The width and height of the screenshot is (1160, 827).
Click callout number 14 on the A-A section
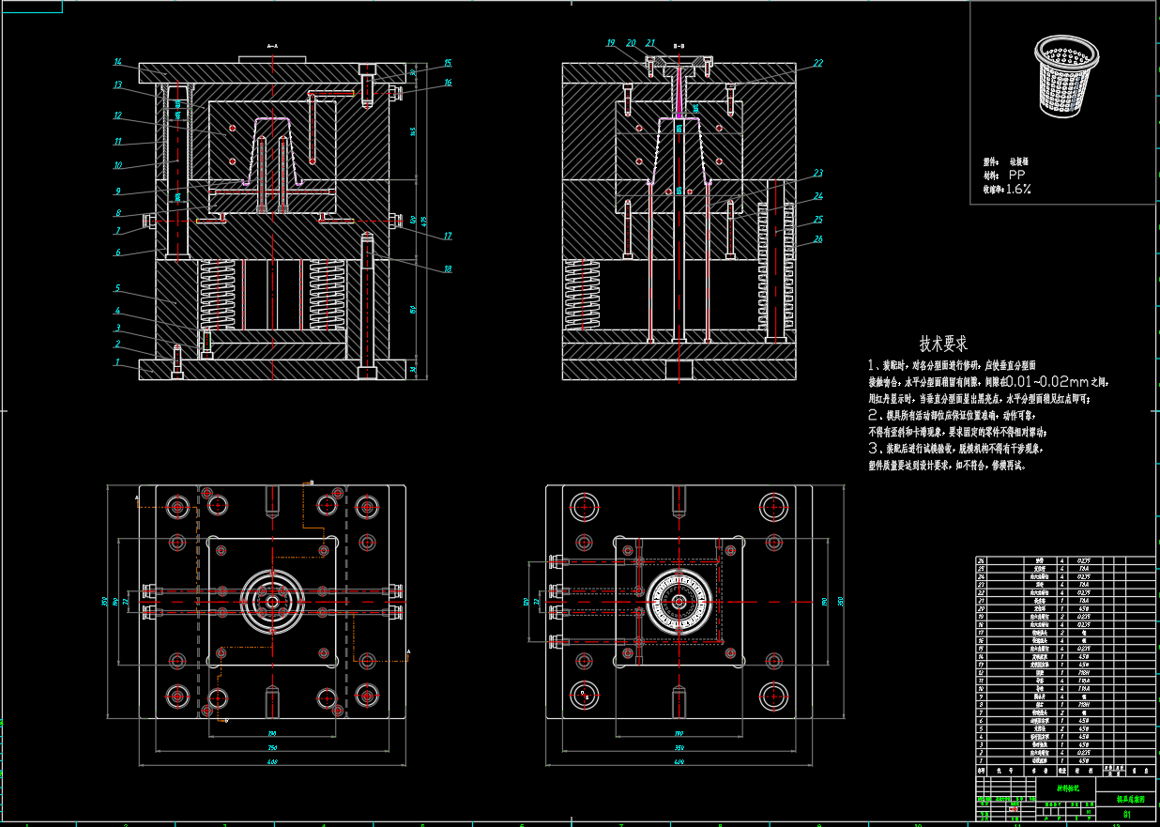[118, 62]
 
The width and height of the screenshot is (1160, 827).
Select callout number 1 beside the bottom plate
[118, 361]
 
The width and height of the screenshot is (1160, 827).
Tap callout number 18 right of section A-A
[448, 269]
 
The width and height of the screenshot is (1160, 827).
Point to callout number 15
[448, 63]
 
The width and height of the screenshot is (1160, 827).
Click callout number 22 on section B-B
[818, 63]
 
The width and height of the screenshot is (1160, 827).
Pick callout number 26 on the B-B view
[818, 238]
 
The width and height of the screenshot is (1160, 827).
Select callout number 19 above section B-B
[610, 42]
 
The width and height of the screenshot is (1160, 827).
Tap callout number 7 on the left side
[118, 230]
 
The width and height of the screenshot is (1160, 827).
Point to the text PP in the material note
[1017, 176]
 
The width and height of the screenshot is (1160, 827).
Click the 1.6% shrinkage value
[1018, 189]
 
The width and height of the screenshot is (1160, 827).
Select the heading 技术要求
[943, 344]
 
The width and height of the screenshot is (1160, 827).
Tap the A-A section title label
[272, 45]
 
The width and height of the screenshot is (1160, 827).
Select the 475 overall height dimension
[424, 222]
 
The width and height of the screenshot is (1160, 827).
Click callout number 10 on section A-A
[118, 165]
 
